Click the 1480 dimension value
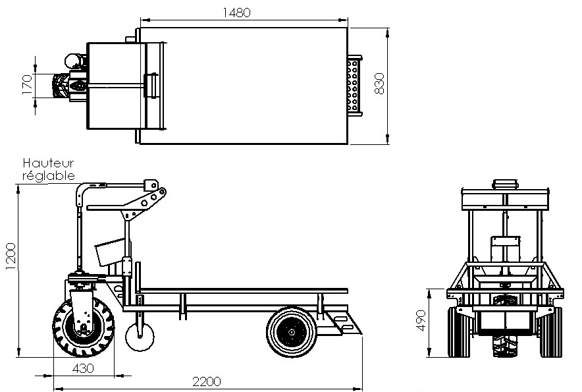pyautogui.click(x=237, y=12)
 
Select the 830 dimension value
pyautogui.click(x=379, y=84)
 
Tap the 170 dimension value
pyautogui.click(x=27, y=85)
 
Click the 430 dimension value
pyautogui.click(x=84, y=367)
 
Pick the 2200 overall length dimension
pyautogui.click(x=206, y=381)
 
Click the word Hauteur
pyautogui.click(x=49, y=163)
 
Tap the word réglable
pyautogui.click(x=49, y=175)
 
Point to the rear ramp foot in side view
pyautogui.click(x=347, y=324)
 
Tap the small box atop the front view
pyautogui.click(x=505, y=182)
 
